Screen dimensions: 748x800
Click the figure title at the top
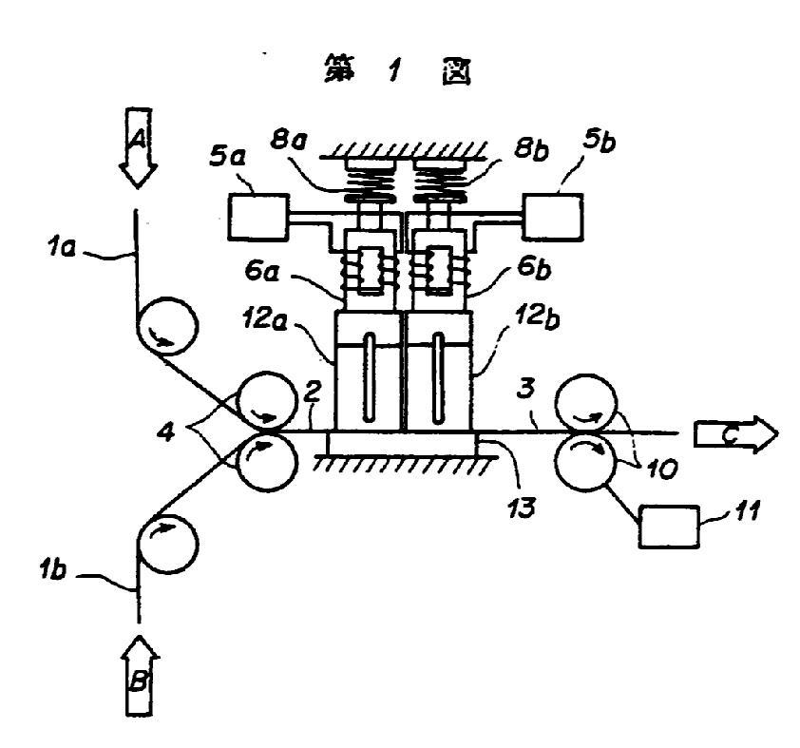(400, 72)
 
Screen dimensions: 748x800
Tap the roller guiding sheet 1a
(169, 328)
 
